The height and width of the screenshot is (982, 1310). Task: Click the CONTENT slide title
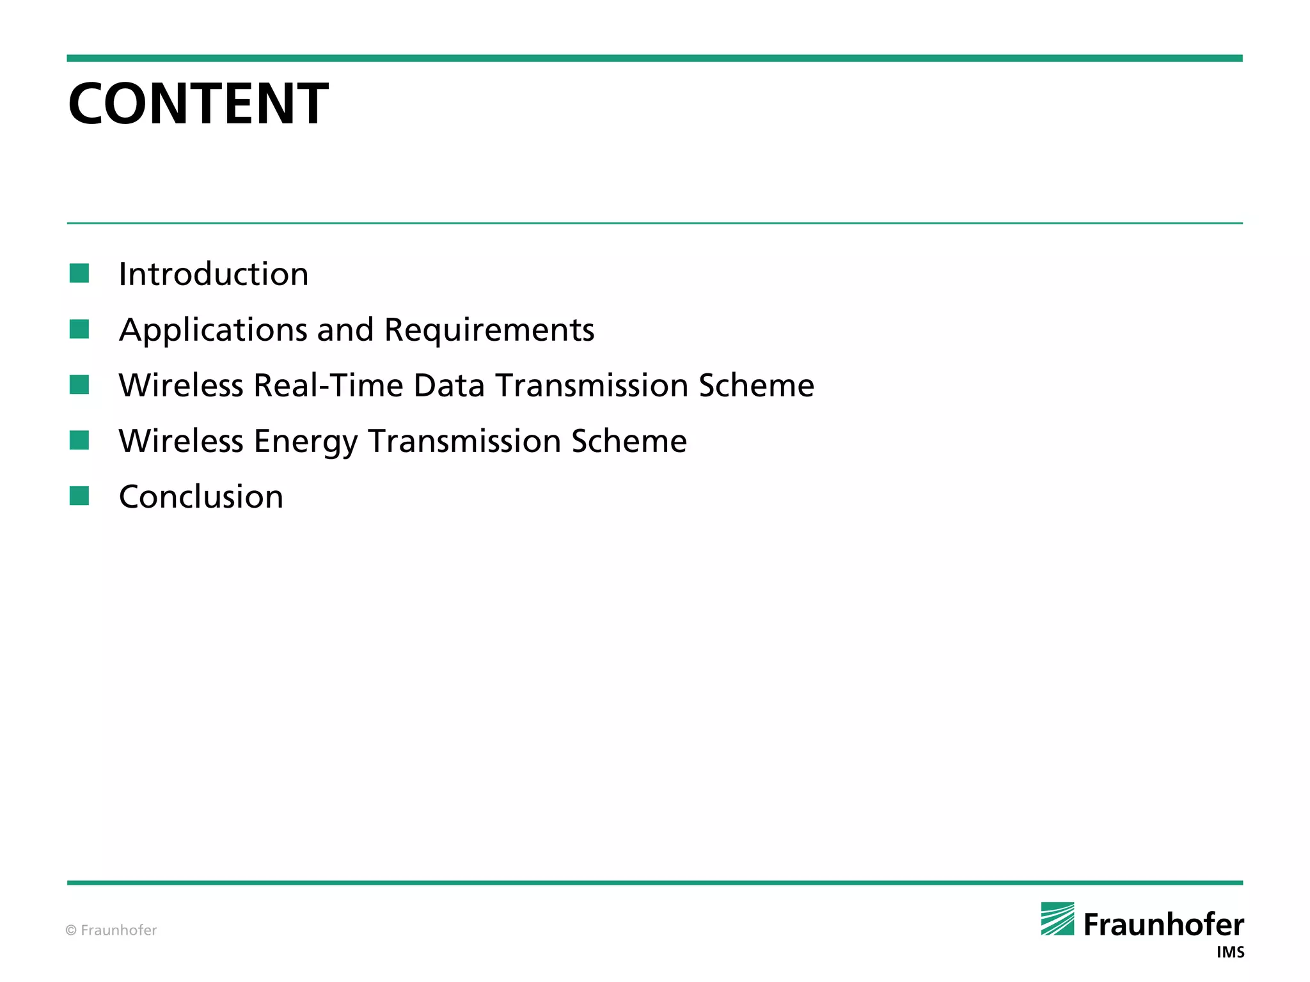coord(198,104)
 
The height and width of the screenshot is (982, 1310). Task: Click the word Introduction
coord(214,274)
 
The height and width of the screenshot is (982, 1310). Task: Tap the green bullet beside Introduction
coord(79,273)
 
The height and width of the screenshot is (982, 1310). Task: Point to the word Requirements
coord(489,330)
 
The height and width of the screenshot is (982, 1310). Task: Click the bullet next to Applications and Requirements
coord(79,329)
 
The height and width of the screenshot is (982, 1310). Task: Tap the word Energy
coord(306,441)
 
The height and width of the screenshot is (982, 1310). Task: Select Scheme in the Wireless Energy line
coord(629,441)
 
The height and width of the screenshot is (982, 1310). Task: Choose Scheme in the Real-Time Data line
coord(756,386)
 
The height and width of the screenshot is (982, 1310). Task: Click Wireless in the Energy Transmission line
coord(181,441)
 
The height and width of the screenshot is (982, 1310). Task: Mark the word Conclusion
coord(201,497)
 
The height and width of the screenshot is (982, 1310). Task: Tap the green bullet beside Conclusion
coord(79,495)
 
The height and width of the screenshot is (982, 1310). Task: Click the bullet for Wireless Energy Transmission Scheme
coord(79,440)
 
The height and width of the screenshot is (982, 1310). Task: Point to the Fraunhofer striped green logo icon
coord(1057,919)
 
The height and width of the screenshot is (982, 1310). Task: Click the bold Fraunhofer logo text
coord(1164,924)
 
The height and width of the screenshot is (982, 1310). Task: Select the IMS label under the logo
coord(1230,953)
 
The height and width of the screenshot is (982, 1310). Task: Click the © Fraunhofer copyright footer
coord(111,930)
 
